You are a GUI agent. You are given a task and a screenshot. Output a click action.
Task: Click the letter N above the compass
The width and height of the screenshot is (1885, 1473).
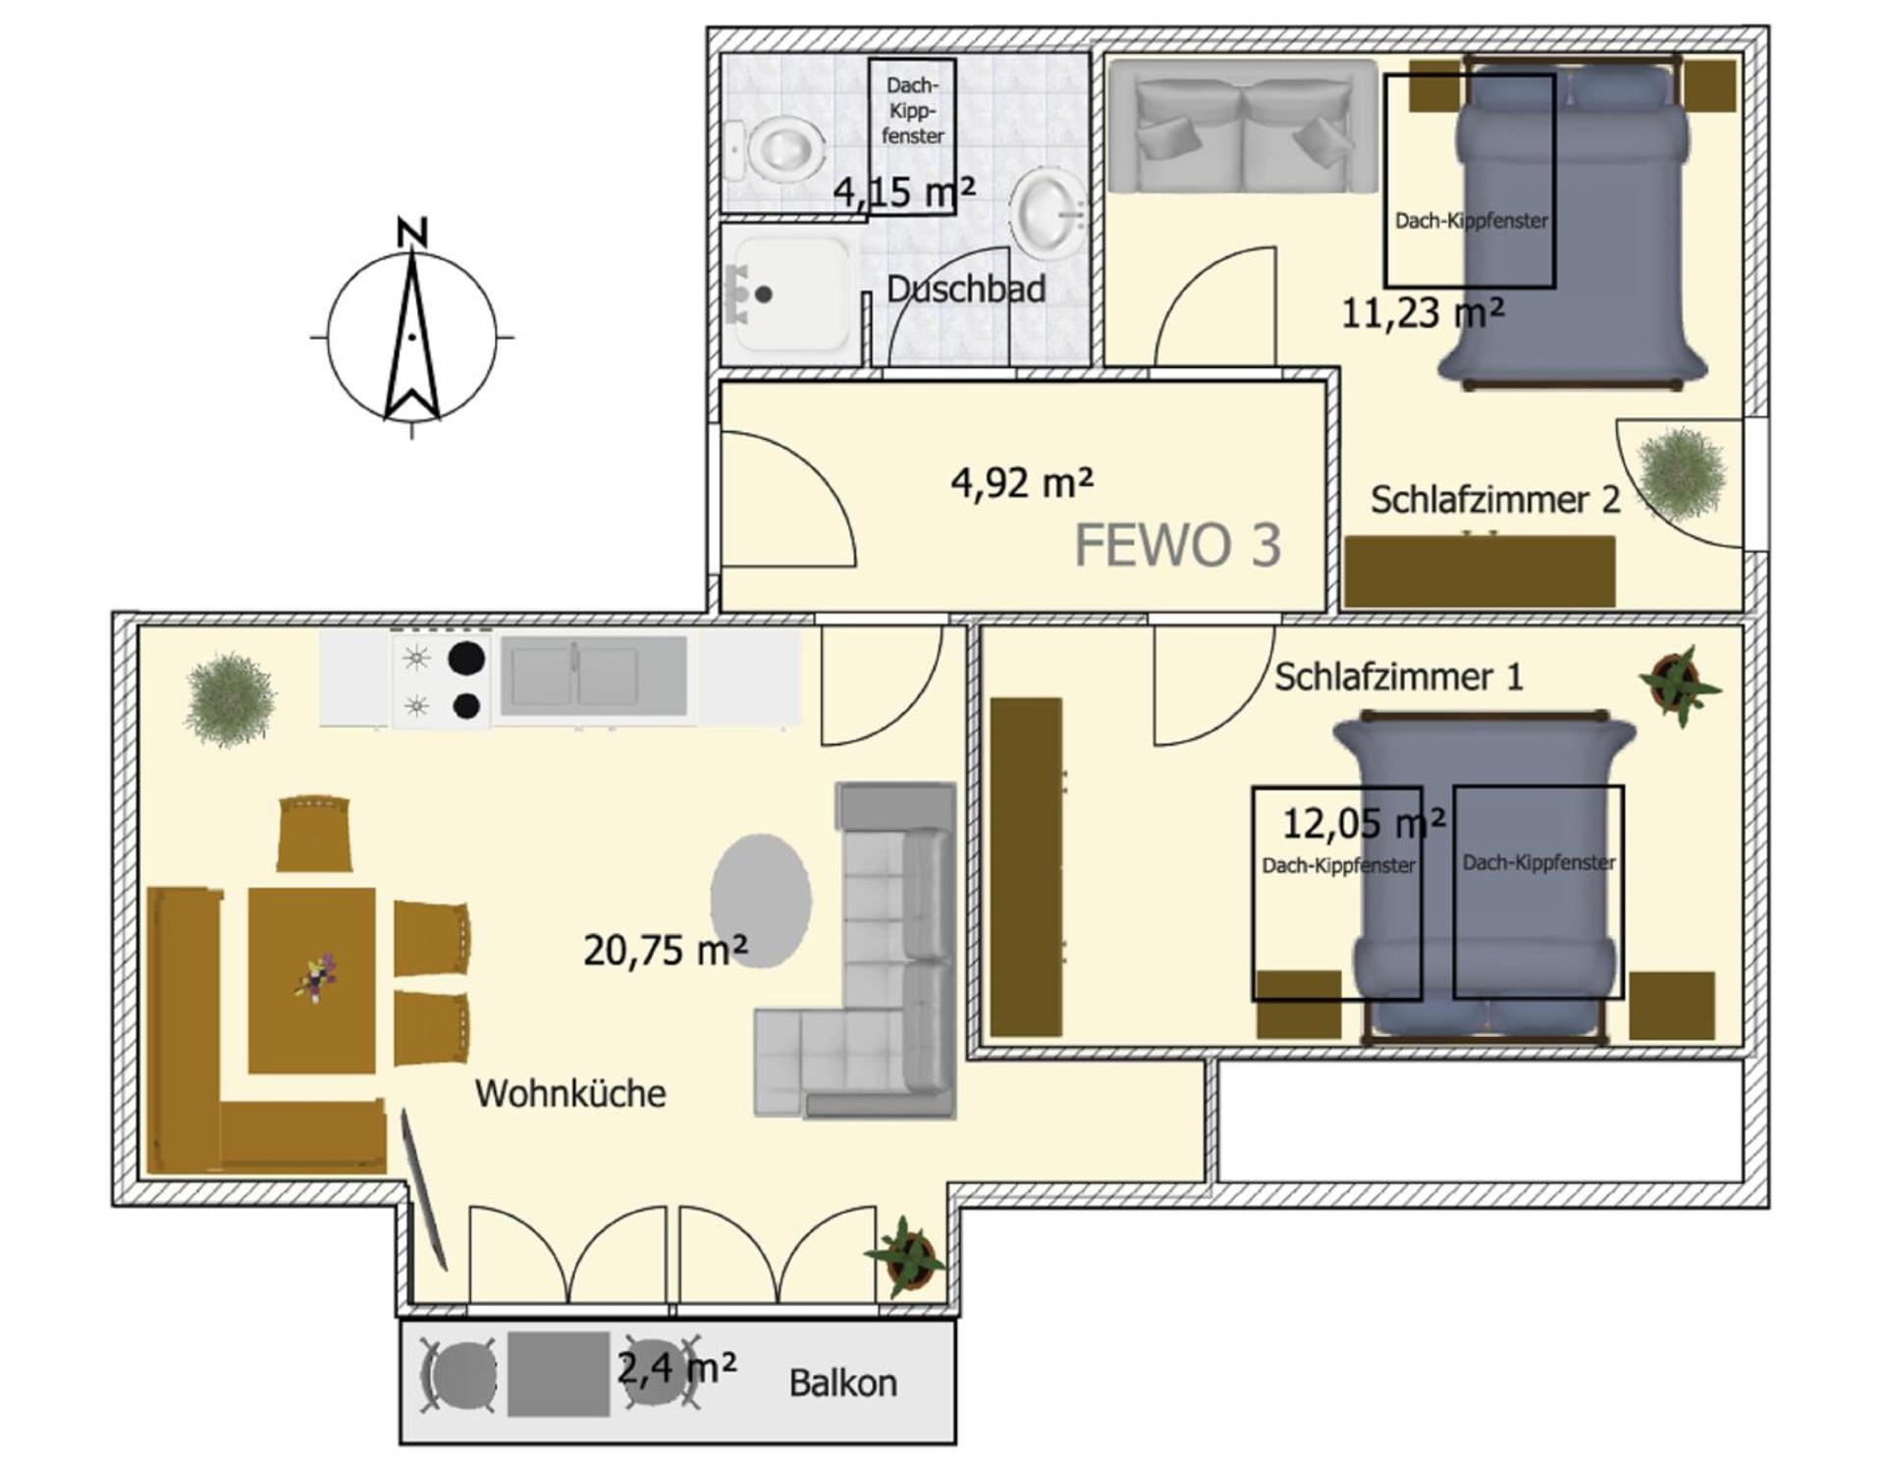[412, 233]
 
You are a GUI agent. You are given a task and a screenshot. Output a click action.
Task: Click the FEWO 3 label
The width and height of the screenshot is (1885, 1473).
[1177, 546]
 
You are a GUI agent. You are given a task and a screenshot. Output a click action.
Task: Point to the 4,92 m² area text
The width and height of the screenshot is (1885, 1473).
[1021, 483]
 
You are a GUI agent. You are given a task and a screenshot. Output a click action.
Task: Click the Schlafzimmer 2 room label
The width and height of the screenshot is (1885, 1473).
[1494, 500]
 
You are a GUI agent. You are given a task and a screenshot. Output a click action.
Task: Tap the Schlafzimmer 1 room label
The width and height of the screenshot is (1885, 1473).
[1398, 677]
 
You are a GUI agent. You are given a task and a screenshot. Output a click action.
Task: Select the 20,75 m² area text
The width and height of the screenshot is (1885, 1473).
[665, 950]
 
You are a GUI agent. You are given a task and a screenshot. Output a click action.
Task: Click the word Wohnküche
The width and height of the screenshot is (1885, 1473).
[570, 1094]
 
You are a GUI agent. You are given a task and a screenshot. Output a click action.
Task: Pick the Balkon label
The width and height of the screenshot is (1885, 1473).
[842, 1384]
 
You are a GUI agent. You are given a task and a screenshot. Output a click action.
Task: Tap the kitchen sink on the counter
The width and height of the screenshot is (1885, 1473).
[593, 676]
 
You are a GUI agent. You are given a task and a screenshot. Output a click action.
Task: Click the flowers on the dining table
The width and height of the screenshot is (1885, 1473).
[314, 978]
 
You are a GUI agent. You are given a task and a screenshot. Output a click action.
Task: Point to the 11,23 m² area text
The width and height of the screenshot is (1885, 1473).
[1422, 313]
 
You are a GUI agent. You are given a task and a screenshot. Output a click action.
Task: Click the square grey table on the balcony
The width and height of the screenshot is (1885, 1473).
[558, 1374]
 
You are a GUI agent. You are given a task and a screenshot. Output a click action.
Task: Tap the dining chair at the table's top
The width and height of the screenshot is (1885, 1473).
[314, 833]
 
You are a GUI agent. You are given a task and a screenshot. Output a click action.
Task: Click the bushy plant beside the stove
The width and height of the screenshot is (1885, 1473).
[231, 699]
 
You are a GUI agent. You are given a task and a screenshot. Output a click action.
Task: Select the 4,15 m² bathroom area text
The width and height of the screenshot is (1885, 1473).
[903, 191]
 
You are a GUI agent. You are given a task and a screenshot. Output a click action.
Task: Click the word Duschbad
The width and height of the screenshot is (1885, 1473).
[965, 290]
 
